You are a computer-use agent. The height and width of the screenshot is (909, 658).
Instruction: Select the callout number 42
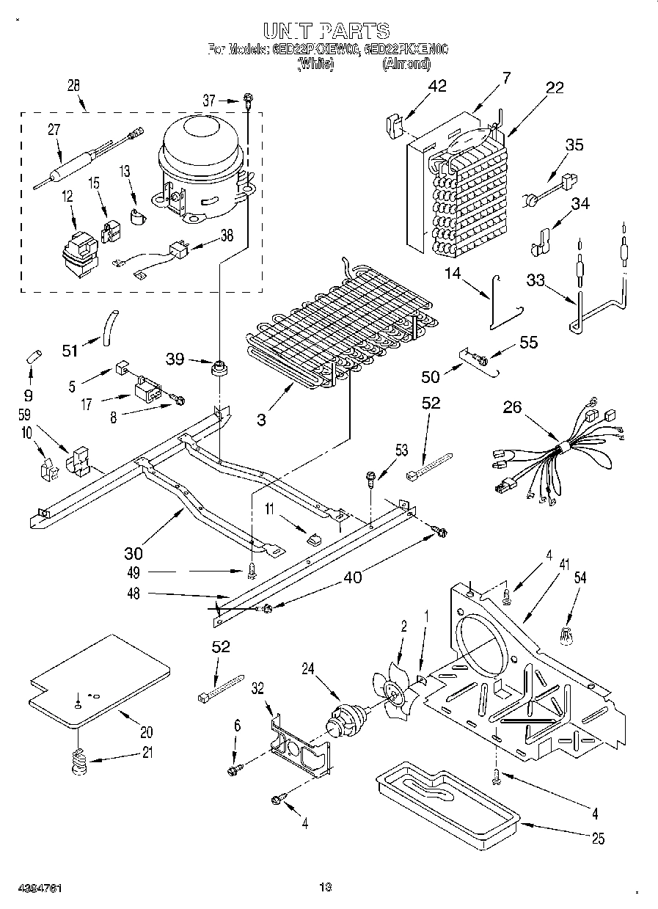[x=437, y=87]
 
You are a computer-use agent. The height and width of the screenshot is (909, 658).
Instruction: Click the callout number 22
[x=555, y=88]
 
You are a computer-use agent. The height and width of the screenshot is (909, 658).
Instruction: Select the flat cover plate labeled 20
[x=98, y=679]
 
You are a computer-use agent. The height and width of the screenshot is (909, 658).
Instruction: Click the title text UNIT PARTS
[x=326, y=30]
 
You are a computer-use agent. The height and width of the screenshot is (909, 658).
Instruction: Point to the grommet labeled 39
[x=218, y=367]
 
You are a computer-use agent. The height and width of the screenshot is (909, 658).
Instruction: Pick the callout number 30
[x=133, y=553]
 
